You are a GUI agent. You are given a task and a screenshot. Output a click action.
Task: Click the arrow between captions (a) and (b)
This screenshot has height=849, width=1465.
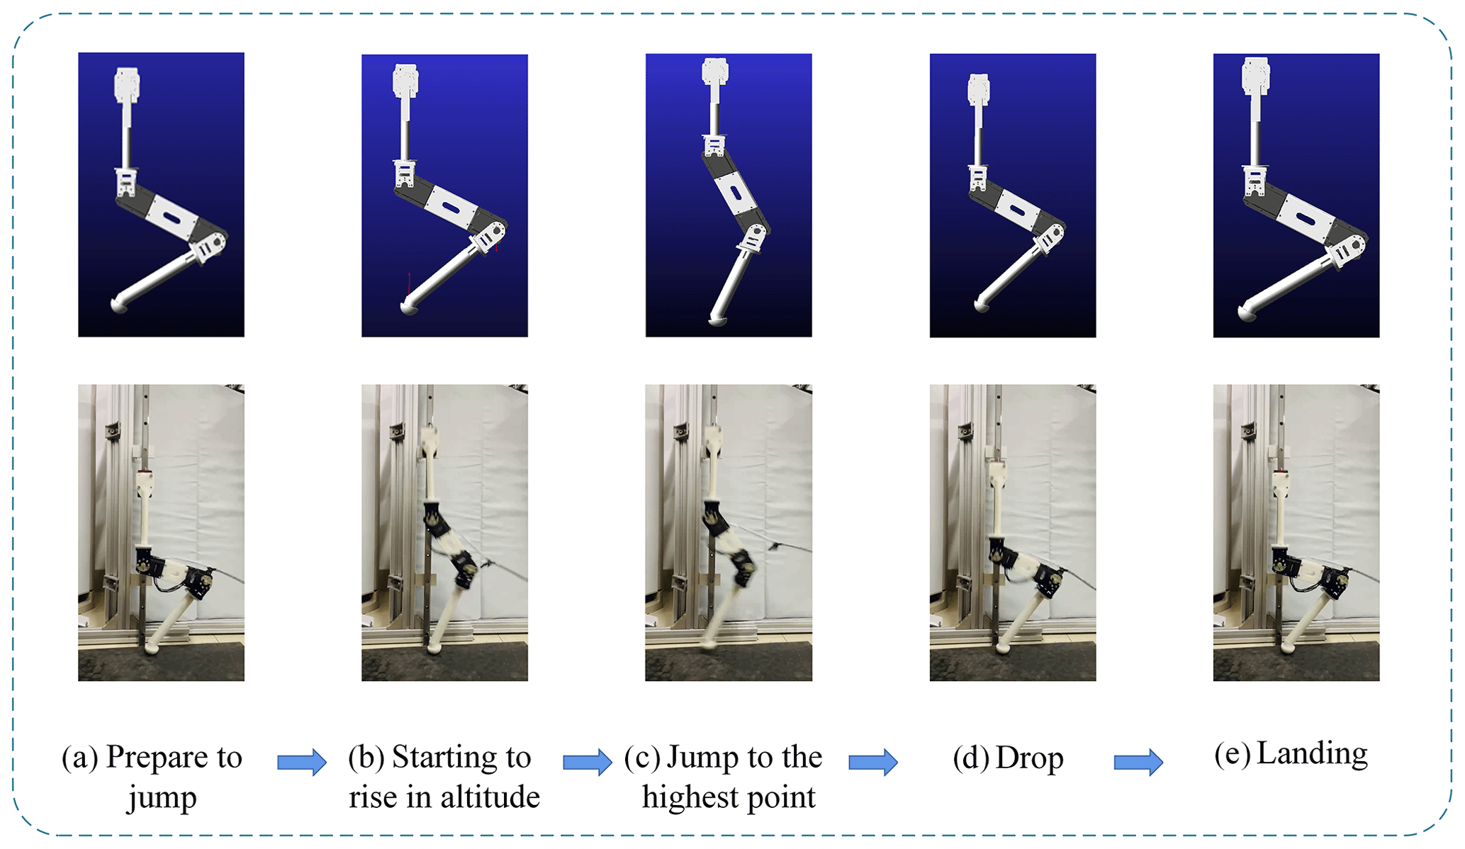(302, 762)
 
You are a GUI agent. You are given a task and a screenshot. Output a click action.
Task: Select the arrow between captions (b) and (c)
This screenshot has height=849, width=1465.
(588, 762)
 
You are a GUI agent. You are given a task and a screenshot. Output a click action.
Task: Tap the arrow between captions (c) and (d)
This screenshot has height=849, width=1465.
(873, 762)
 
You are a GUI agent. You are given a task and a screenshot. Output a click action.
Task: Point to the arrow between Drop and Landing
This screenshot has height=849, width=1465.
(1138, 762)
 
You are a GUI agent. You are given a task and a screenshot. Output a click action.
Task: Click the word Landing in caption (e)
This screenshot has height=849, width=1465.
(1312, 754)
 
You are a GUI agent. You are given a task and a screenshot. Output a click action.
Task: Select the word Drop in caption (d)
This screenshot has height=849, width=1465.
(1029, 759)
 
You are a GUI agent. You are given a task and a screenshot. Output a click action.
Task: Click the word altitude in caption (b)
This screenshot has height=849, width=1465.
(490, 797)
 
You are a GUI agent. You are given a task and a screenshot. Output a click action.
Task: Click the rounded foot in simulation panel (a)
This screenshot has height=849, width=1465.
(120, 305)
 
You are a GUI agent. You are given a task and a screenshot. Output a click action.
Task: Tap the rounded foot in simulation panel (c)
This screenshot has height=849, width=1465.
(719, 321)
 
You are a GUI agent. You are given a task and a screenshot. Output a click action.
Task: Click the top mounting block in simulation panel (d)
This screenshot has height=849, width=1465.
(979, 89)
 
